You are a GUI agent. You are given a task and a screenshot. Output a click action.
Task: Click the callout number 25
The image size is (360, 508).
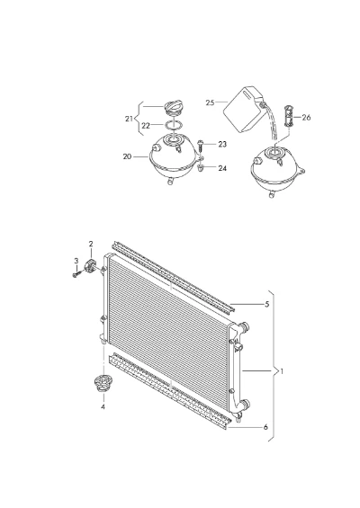click(x=210, y=102)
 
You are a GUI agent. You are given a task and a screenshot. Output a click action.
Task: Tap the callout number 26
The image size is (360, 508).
click(x=306, y=117)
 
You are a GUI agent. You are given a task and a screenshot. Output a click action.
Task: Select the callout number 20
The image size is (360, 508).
click(x=127, y=156)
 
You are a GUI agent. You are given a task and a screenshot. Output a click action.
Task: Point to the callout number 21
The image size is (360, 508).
click(x=129, y=119)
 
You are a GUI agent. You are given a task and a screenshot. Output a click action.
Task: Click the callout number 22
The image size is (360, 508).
click(x=146, y=126)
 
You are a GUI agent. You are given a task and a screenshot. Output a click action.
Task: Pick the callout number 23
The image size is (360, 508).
click(x=222, y=144)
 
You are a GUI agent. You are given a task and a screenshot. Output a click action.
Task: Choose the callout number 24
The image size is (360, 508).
click(x=222, y=168)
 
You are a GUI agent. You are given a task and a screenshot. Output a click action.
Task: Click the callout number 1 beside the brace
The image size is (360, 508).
click(x=282, y=371)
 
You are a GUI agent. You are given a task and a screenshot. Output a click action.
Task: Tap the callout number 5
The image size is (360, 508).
click(x=267, y=304)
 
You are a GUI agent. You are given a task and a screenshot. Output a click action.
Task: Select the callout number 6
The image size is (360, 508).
click(x=265, y=427)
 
